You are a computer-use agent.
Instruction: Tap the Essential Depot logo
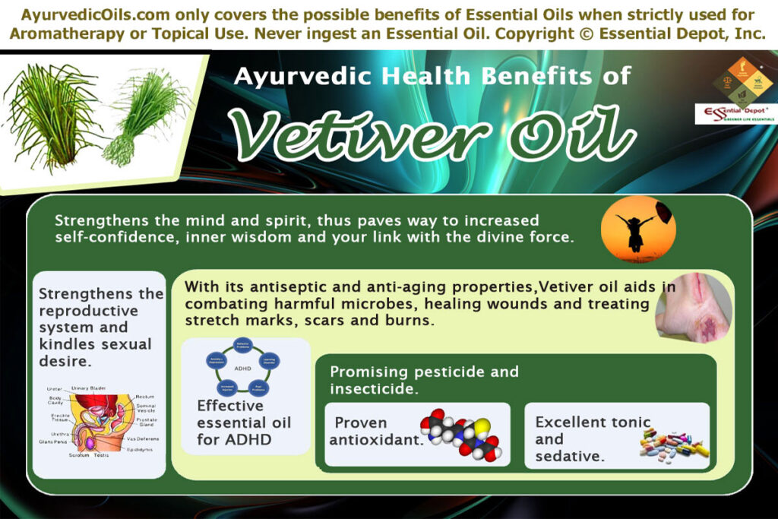pos(735,113)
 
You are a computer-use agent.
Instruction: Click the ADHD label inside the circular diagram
pos(243,368)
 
